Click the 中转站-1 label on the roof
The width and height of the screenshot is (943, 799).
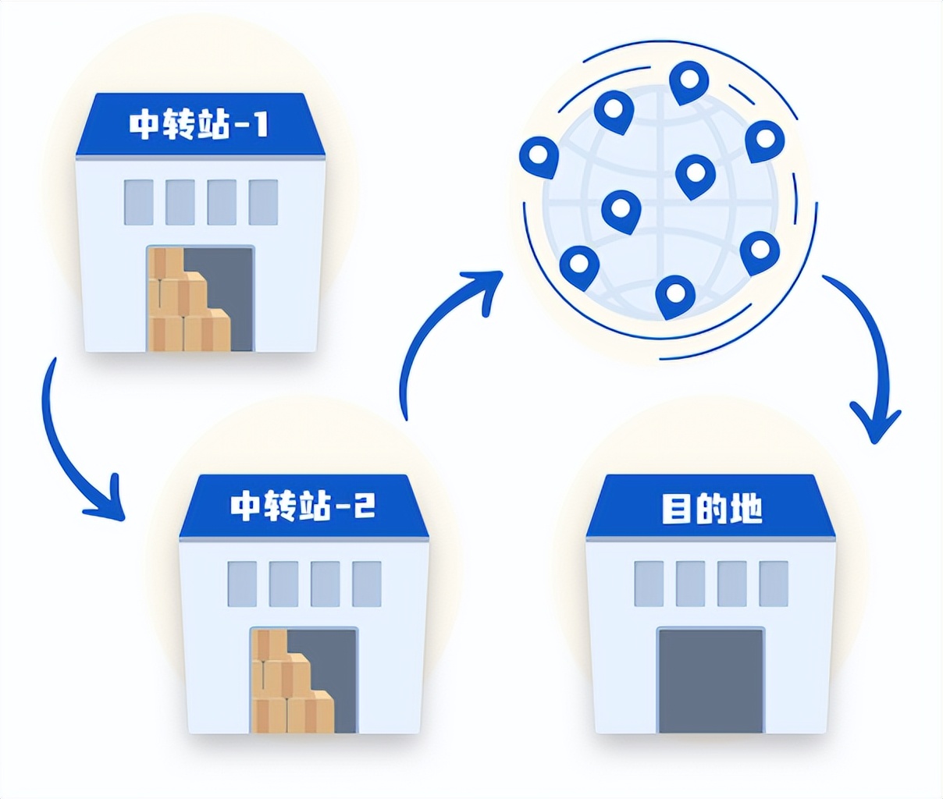(198, 125)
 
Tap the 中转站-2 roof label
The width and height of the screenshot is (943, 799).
(303, 506)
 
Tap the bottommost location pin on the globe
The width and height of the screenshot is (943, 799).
(675, 297)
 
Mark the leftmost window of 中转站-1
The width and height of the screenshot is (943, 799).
(139, 202)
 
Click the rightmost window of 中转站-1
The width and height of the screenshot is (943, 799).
(263, 202)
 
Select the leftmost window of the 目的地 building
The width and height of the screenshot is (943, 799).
(649, 584)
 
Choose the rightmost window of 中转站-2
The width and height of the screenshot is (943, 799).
(367, 584)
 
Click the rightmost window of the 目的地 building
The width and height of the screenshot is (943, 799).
(774, 584)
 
